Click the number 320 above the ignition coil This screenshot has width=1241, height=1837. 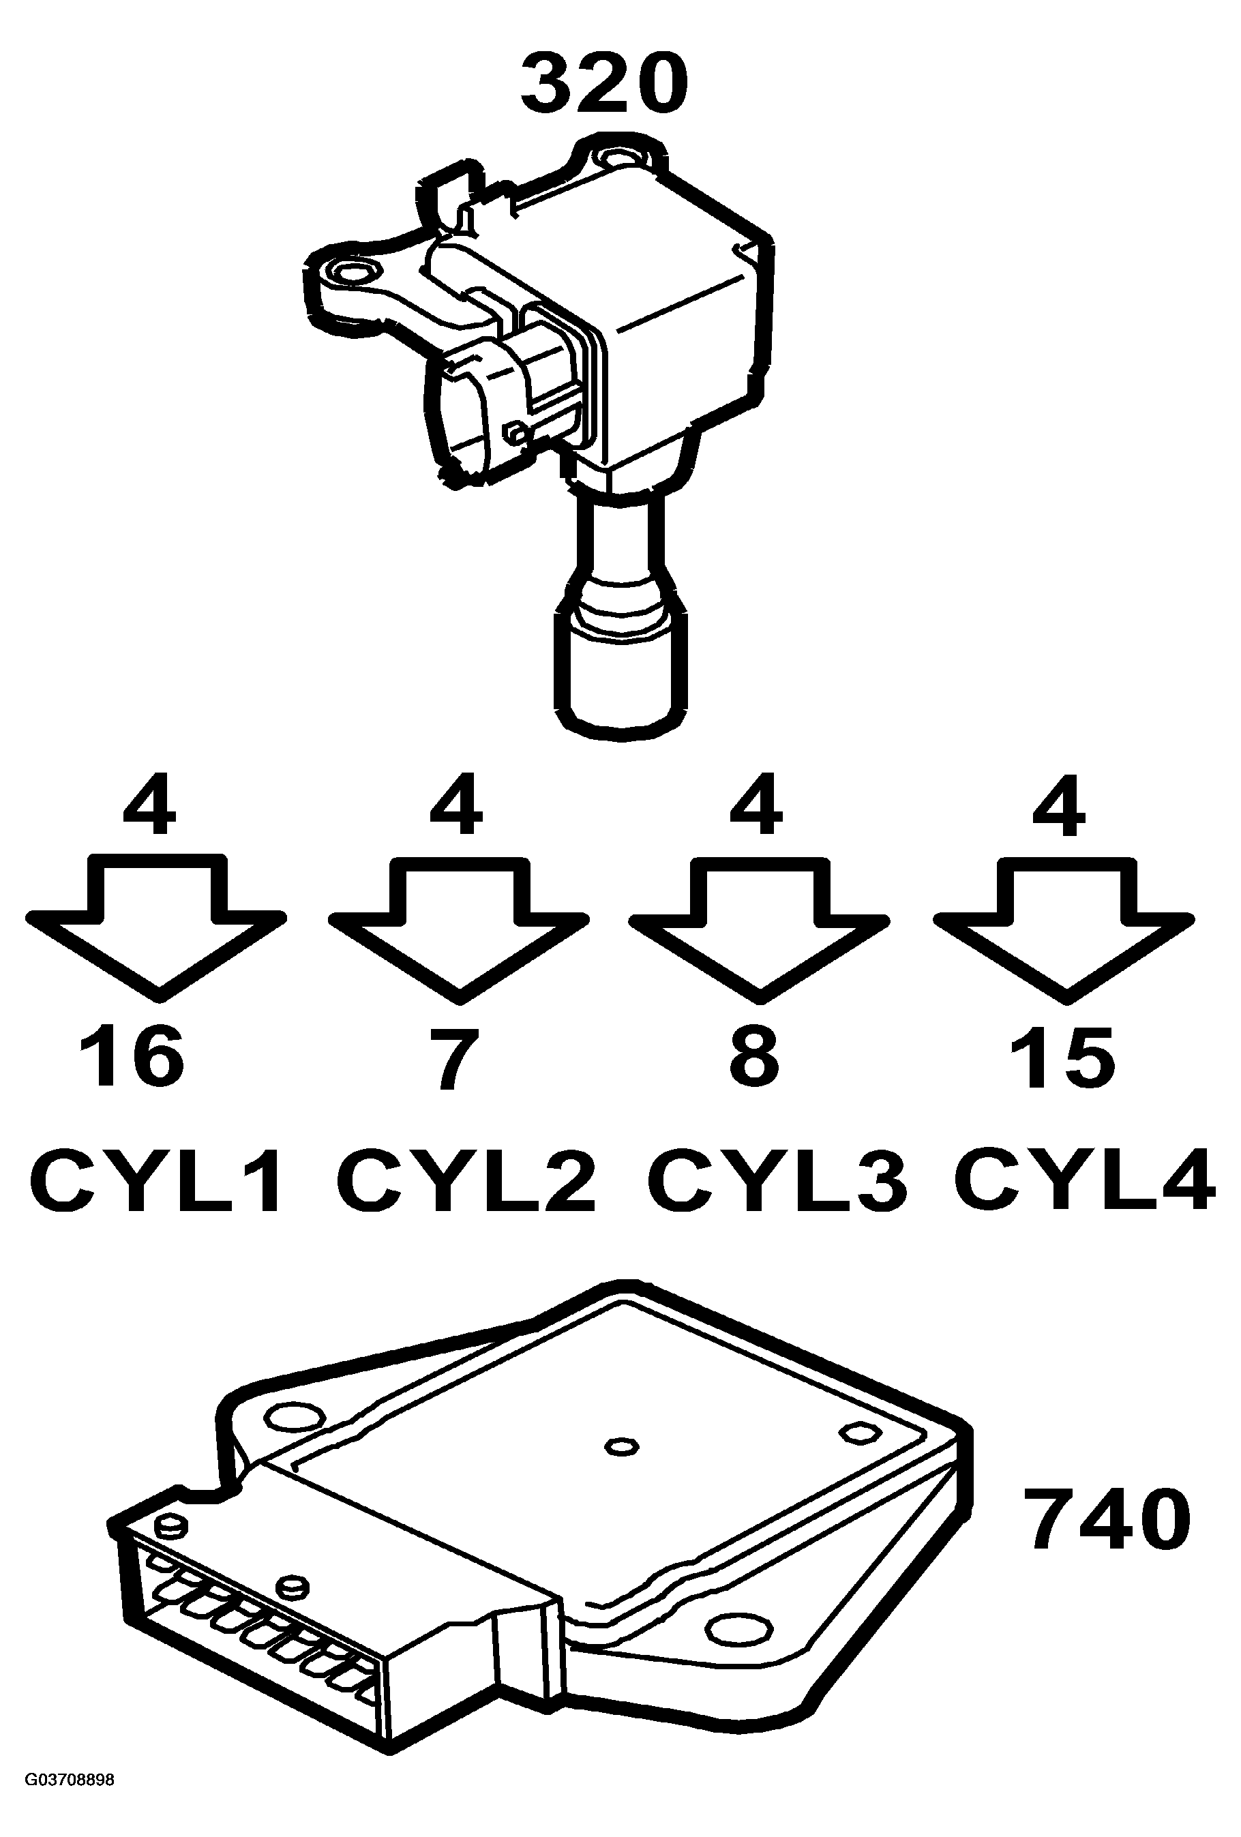[604, 83]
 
